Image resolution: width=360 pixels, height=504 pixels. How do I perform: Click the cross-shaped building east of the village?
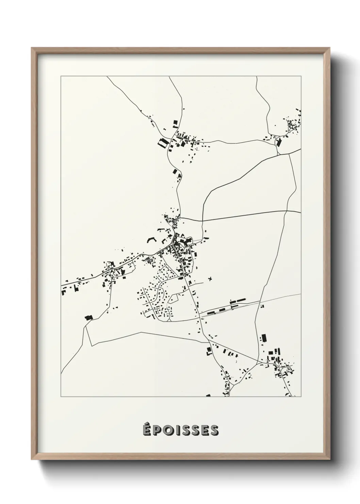pos(210,279)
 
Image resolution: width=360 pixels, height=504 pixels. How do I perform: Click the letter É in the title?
pos(147,430)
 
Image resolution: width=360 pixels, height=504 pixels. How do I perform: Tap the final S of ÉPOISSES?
pos(214,430)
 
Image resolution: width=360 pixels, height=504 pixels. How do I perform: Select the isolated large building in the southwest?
pos(89,317)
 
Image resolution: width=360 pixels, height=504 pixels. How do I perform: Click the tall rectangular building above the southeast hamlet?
pos(263,338)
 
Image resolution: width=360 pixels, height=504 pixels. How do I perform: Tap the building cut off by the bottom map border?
pos(208,395)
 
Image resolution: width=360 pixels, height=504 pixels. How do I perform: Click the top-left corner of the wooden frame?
pos(32,48)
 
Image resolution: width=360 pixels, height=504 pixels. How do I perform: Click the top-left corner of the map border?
pos(61,76)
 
